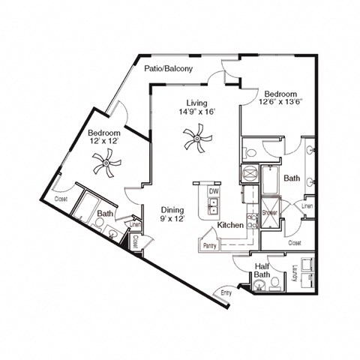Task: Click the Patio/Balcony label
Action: (x=169, y=69)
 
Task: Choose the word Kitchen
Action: (x=230, y=225)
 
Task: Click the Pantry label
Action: (x=210, y=244)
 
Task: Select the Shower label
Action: (x=269, y=213)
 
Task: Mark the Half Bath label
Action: (x=262, y=269)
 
